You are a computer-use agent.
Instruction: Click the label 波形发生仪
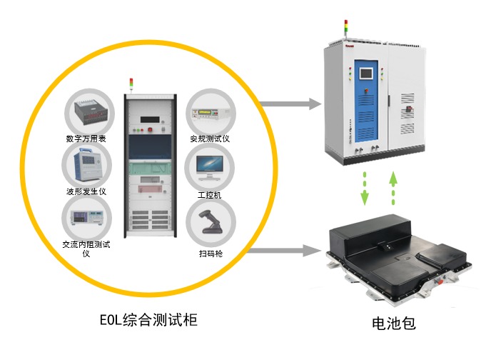pyautogui.click(x=86, y=191)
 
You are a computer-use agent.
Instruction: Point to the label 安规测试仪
pyautogui.click(x=209, y=139)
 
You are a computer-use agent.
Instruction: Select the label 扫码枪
pyautogui.click(x=209, y=252)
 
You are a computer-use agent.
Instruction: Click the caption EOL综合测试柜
pyautogui.click(x=148, y=320)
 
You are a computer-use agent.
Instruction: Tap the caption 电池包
pyautogui.click(x=393, y=323)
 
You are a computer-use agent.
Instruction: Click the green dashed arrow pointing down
pyautogui.click(x=365, y=188)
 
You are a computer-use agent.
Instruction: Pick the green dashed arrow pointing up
pyautogui.click(x=393, y=188)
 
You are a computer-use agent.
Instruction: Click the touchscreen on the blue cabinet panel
pyautogui.click(x=368, y=73)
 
